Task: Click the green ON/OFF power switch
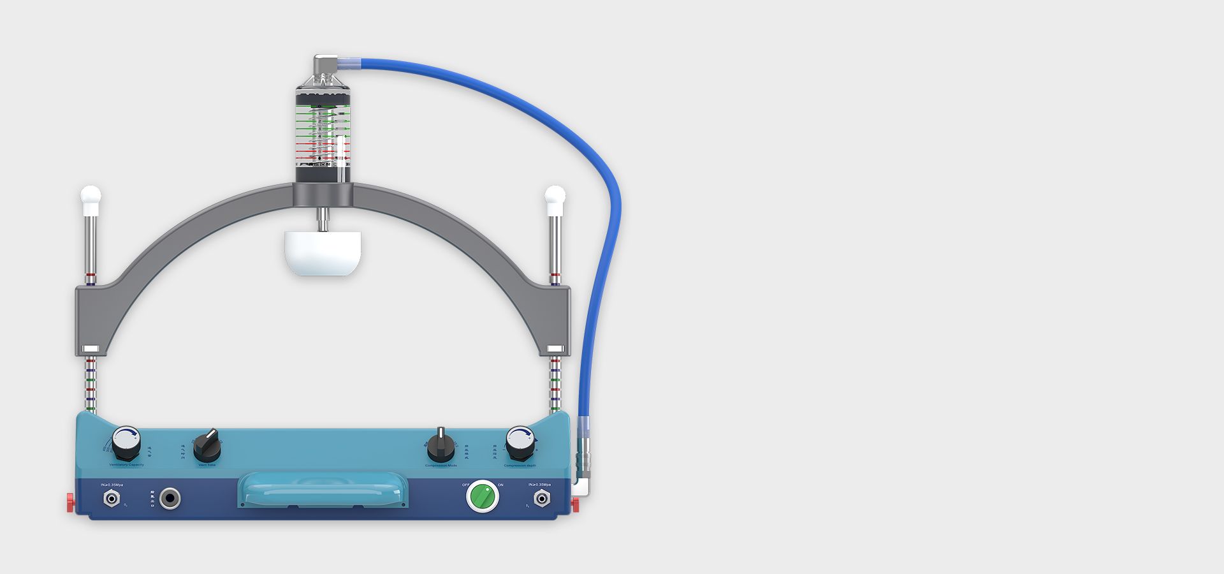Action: [483, 496]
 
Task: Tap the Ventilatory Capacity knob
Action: [126, 442]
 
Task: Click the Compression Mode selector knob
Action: [441, 446]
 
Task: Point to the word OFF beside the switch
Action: [465, 485]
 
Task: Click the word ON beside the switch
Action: [500, 485]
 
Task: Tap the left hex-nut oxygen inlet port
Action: [112, 499]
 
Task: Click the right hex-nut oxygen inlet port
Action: [541, 499]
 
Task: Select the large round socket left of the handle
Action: [170, 498]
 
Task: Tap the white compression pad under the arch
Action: [323, 253]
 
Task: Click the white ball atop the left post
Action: [91, 195]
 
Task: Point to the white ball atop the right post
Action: [555, 195]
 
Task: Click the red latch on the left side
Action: [70, 502]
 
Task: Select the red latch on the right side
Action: [574, 504]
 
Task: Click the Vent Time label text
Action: [207, 465]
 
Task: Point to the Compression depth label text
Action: [520, 466]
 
